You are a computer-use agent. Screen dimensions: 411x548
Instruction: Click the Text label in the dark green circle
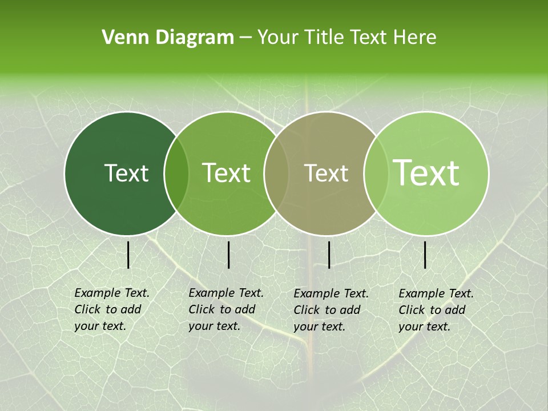pos(126,173)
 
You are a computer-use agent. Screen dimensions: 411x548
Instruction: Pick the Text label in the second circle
pos(227,173)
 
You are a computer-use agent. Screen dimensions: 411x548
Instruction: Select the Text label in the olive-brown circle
pos(326,173)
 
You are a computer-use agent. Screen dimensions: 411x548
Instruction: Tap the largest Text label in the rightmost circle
pos(426,173)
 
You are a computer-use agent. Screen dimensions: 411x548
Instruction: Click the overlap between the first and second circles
pos(176,174)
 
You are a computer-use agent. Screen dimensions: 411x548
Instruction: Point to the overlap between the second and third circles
pos(275,174)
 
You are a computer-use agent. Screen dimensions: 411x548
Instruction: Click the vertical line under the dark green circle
pos(128,255)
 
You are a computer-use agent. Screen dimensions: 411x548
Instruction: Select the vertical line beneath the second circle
pos(228,255)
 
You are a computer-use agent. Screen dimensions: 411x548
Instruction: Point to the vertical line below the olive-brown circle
pos(329,255)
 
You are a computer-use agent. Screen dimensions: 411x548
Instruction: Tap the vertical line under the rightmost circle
pos(425,255)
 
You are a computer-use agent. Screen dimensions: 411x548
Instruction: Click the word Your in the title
pos(278,38)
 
